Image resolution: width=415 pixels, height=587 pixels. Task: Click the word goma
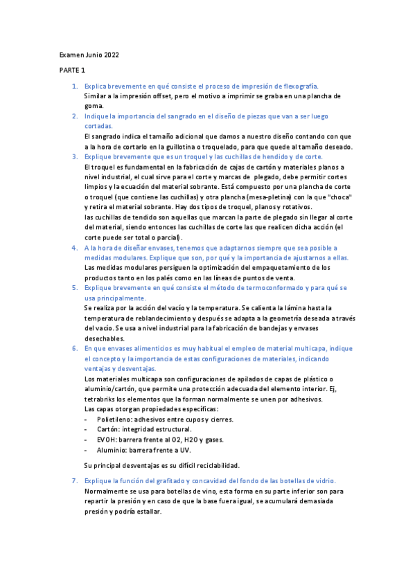[x=94, y=106]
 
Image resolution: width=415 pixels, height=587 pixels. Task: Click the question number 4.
[x=75, y=247]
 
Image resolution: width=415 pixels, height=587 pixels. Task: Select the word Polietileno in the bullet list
[x=116, y=419]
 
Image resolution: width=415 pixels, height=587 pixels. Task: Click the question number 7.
[x=75, y=480]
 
